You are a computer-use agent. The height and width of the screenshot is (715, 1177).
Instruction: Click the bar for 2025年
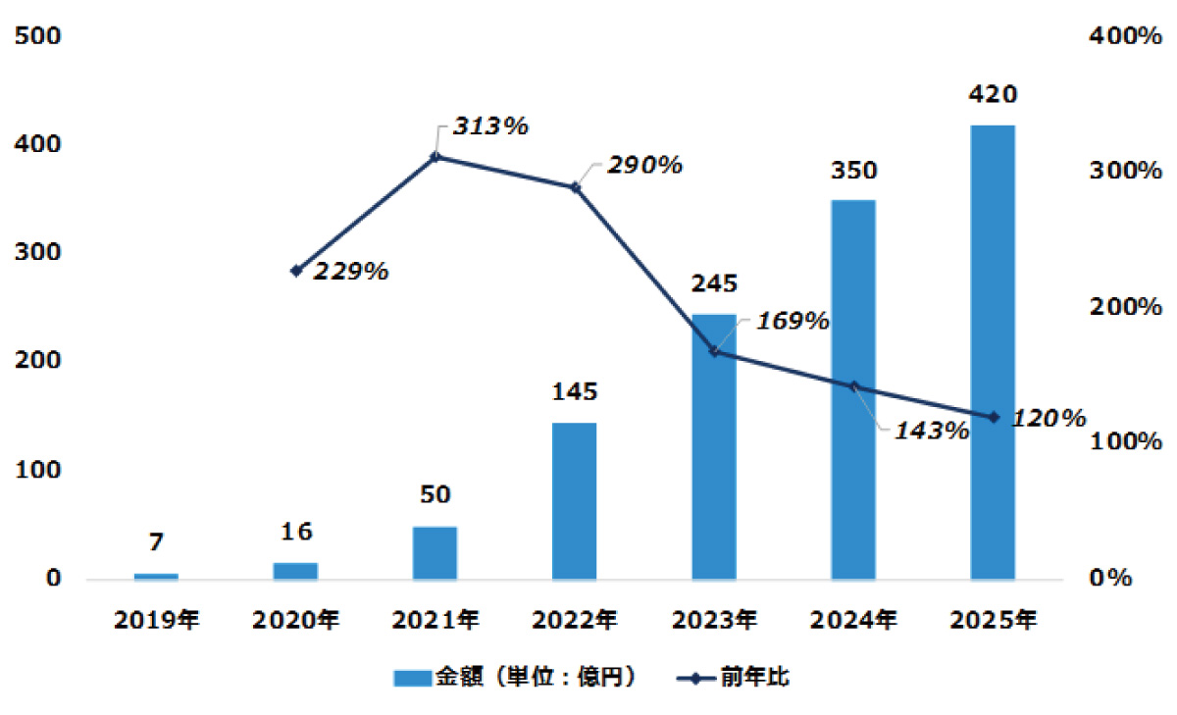pos(992,352)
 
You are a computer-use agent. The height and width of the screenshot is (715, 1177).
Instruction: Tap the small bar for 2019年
pos(156,576)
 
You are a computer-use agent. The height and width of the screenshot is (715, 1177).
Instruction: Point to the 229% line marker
pos(296,271)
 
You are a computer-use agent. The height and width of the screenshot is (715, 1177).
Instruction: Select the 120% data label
pos(1049,419)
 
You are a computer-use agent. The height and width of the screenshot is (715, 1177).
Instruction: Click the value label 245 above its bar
pos(713,284)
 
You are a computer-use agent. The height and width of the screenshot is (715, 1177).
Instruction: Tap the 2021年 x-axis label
pos(435,620)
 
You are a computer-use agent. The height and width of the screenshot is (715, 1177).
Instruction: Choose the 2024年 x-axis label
pos(852,620)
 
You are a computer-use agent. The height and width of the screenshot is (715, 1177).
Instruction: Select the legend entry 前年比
pos(745,678)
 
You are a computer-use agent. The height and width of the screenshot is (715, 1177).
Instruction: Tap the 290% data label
pos(643,165)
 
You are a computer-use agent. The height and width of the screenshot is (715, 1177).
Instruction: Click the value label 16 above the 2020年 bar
pos(295,532)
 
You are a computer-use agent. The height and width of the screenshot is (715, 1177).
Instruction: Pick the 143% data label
pos(932,430)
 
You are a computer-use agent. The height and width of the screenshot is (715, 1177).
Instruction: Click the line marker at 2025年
pos(993,417)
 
